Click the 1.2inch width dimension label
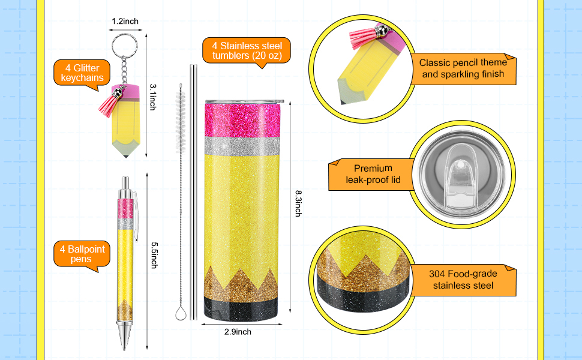125,22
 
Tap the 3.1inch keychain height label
152,97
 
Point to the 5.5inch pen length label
154,256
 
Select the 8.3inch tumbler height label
298,203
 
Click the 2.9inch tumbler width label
238,332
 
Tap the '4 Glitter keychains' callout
82,74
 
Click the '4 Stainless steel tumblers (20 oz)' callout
247,51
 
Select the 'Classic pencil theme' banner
463,68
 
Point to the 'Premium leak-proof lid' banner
373,175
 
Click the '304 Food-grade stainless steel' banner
463,280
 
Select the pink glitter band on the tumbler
243,120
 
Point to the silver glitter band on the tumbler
242,146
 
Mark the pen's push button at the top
125,182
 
